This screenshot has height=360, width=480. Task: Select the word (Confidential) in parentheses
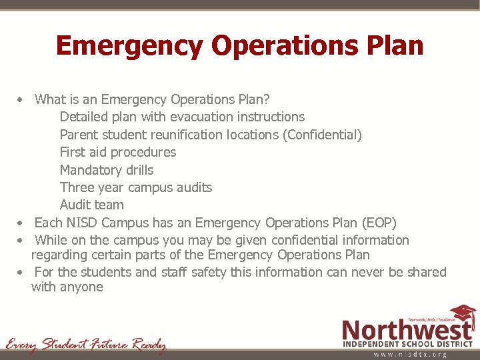click(323, 135)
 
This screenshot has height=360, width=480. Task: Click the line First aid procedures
click(118, 152)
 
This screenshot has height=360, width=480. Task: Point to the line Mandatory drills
click(107, 170)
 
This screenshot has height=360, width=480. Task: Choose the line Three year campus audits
click(136, 187)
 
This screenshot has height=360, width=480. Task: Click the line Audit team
click(92, 205)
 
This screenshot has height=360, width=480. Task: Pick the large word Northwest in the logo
click(407, 330)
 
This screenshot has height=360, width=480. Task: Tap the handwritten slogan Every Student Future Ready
click(85, 345)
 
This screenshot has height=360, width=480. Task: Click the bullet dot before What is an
click(22, 100)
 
